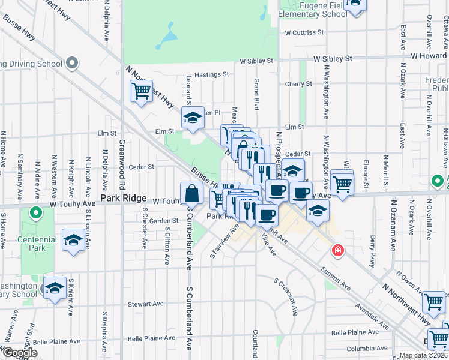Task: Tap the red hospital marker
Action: coord(339,250)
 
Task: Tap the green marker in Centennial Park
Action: coord(35,212)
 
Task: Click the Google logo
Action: coord(19,353)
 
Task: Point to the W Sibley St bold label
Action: coord(333,59)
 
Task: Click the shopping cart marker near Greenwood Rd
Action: coord(142,91)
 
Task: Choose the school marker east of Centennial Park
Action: coord(73,240)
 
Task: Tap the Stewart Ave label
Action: coord(149,304)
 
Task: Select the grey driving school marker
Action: coord(72,62)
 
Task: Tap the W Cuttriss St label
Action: coord(304,32)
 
